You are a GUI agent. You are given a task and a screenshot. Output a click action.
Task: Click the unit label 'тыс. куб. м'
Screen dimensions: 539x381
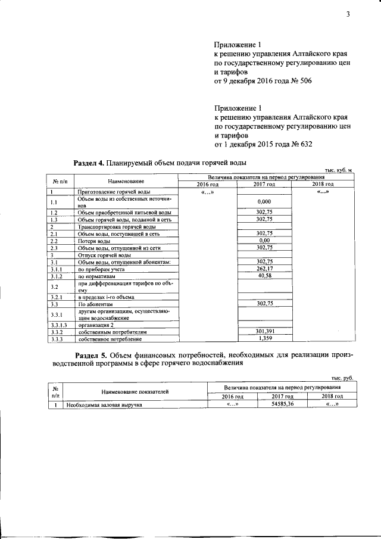pyautogui.click(x=336, y=170)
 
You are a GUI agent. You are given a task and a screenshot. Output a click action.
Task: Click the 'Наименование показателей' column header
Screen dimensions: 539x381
pyautogui.click(x=135, y=391)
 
